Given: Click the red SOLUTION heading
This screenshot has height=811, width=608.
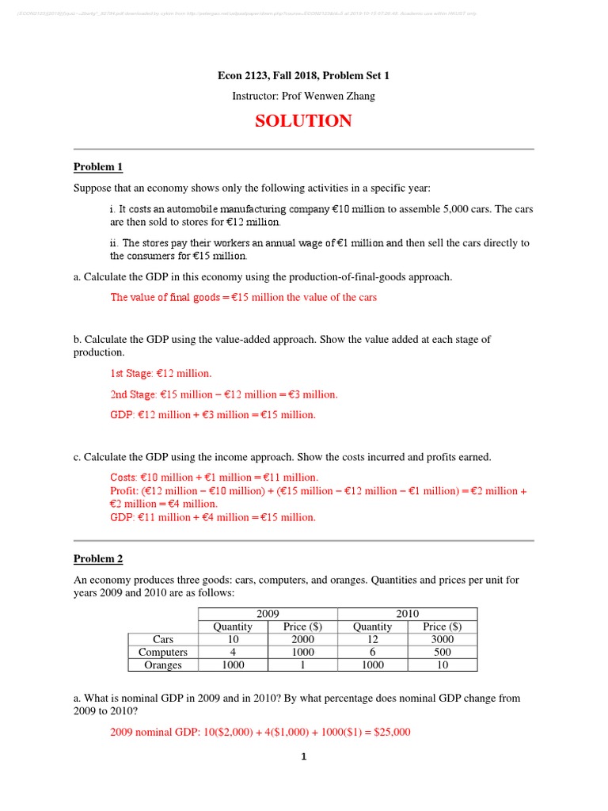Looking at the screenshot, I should point(303,121).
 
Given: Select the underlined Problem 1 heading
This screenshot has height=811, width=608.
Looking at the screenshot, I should point(98,167).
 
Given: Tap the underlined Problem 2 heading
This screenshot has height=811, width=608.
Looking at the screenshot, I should point(98,558).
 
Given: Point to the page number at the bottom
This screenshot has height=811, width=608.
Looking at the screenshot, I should point(303,756).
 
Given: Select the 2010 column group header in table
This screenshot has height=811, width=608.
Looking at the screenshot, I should point(408,614).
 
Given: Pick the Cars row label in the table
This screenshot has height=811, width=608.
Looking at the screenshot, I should point(162,639).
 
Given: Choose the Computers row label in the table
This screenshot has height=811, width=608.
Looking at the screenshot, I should point(162,652).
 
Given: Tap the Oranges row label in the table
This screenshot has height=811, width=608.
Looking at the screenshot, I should point(162,664).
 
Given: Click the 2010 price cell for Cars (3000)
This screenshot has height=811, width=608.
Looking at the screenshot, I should point(443,639).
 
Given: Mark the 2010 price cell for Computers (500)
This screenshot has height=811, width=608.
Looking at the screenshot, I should point(443,652).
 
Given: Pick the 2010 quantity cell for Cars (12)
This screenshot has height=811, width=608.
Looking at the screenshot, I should point(372,639).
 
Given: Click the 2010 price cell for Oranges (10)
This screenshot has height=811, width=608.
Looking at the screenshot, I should point(443,664).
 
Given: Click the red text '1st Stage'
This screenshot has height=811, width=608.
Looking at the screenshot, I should point(130,373).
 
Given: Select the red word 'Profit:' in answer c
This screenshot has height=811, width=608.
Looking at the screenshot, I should point(125,491).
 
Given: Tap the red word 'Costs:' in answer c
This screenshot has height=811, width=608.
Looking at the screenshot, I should point(124,478).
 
